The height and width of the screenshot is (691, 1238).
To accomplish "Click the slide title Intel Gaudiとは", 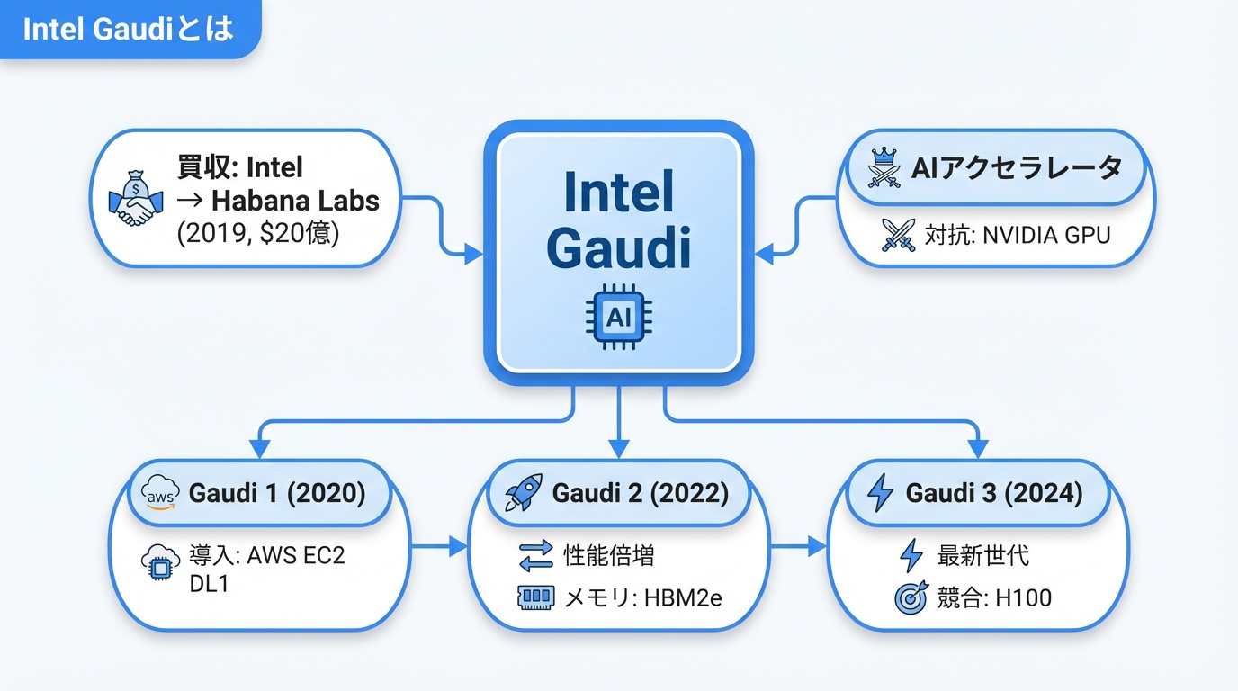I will tap(128, 29).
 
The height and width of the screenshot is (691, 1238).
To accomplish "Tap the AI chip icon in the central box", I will tap(618, 318).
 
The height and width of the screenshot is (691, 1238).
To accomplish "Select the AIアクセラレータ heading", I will tap(1016, 167).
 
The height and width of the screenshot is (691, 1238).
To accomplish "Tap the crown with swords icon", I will tap(884, 168).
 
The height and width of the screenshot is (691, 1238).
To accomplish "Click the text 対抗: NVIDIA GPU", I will tap(1017, 235).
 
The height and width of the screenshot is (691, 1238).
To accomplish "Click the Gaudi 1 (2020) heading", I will tap(276, 493).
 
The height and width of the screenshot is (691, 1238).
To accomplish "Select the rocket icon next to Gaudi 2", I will tap(522, 493).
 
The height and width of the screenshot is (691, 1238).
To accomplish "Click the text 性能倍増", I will tap(608, 555).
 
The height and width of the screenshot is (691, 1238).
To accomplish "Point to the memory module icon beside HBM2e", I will tap(536, 597).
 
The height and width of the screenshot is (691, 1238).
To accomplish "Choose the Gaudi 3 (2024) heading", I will tap(993, 493).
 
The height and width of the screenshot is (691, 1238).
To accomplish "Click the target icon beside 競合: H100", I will tap(911, 597).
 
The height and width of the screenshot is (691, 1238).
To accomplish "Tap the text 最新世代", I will tap(982, 555).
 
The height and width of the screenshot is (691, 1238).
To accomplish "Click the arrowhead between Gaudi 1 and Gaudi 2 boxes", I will tap(459, 546).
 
